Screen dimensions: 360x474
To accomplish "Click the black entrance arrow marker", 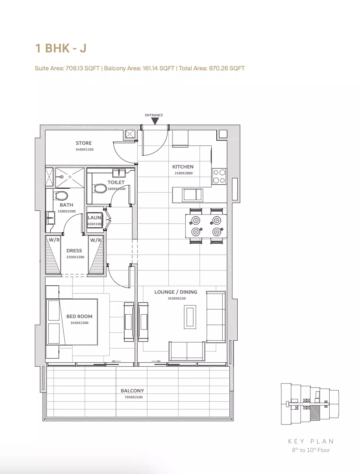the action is pyautogui.click(x=155, y=121).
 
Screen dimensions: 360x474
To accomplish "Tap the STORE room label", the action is pyautogui.click(x=83, y=143).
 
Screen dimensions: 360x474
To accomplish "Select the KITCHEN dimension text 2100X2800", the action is pyautogui.click(x=183, y=173).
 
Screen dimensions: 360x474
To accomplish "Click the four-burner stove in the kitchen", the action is pyautogui.click(x=219, y=176).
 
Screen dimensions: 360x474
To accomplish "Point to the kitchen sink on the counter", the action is pyautogui.click(x=192, y=194).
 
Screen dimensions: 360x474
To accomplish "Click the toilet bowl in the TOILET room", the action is pyautogui.click(x=100, y=188).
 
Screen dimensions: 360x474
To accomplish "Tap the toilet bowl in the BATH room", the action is pyautogui.click(x=61, y=195).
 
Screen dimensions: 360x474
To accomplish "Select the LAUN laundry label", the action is pyautogui.click(x=94, y=218).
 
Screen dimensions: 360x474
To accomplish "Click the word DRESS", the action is pyautogui.click(x=74, y=250).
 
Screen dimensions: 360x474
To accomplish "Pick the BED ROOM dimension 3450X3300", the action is pyautogui.click(x=79, y=323).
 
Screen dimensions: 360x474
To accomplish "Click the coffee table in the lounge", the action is pyautogui.click(x=190, y=317).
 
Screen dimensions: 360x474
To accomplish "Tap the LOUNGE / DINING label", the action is pyautogui.click(x=176, y=292).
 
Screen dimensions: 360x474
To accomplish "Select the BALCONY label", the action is pyautogui.click(x=132, y=391).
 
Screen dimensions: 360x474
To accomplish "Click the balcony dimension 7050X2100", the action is pyautogui.click(x=133, y=397).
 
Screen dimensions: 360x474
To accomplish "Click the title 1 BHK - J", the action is pyautogui.click(x=61, y=48).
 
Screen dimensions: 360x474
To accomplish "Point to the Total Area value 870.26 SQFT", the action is pyautogui.click(x=227, y=68).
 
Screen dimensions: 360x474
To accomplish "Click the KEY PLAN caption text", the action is pyautogui.click(x=311, y=441).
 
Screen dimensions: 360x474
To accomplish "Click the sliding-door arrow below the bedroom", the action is pyautogui.click(x=116, y=361).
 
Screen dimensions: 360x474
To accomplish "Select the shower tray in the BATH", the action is pyautogui.click(x=70, y=177).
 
